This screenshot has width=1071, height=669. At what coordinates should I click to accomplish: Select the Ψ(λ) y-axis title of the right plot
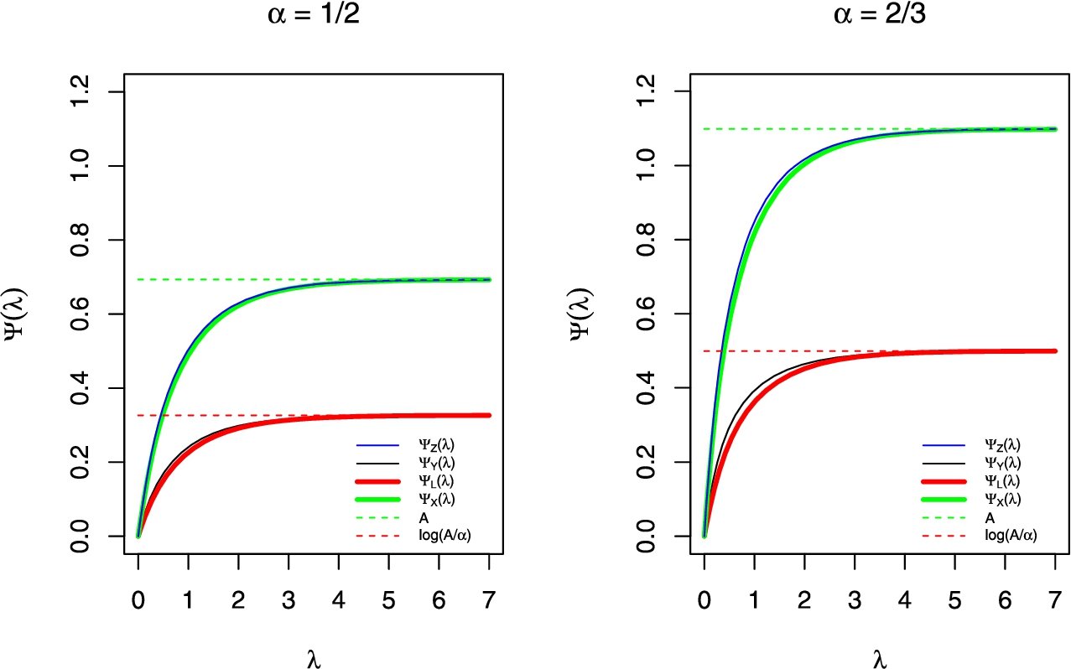pyautogui.click(x=594, y=314)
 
